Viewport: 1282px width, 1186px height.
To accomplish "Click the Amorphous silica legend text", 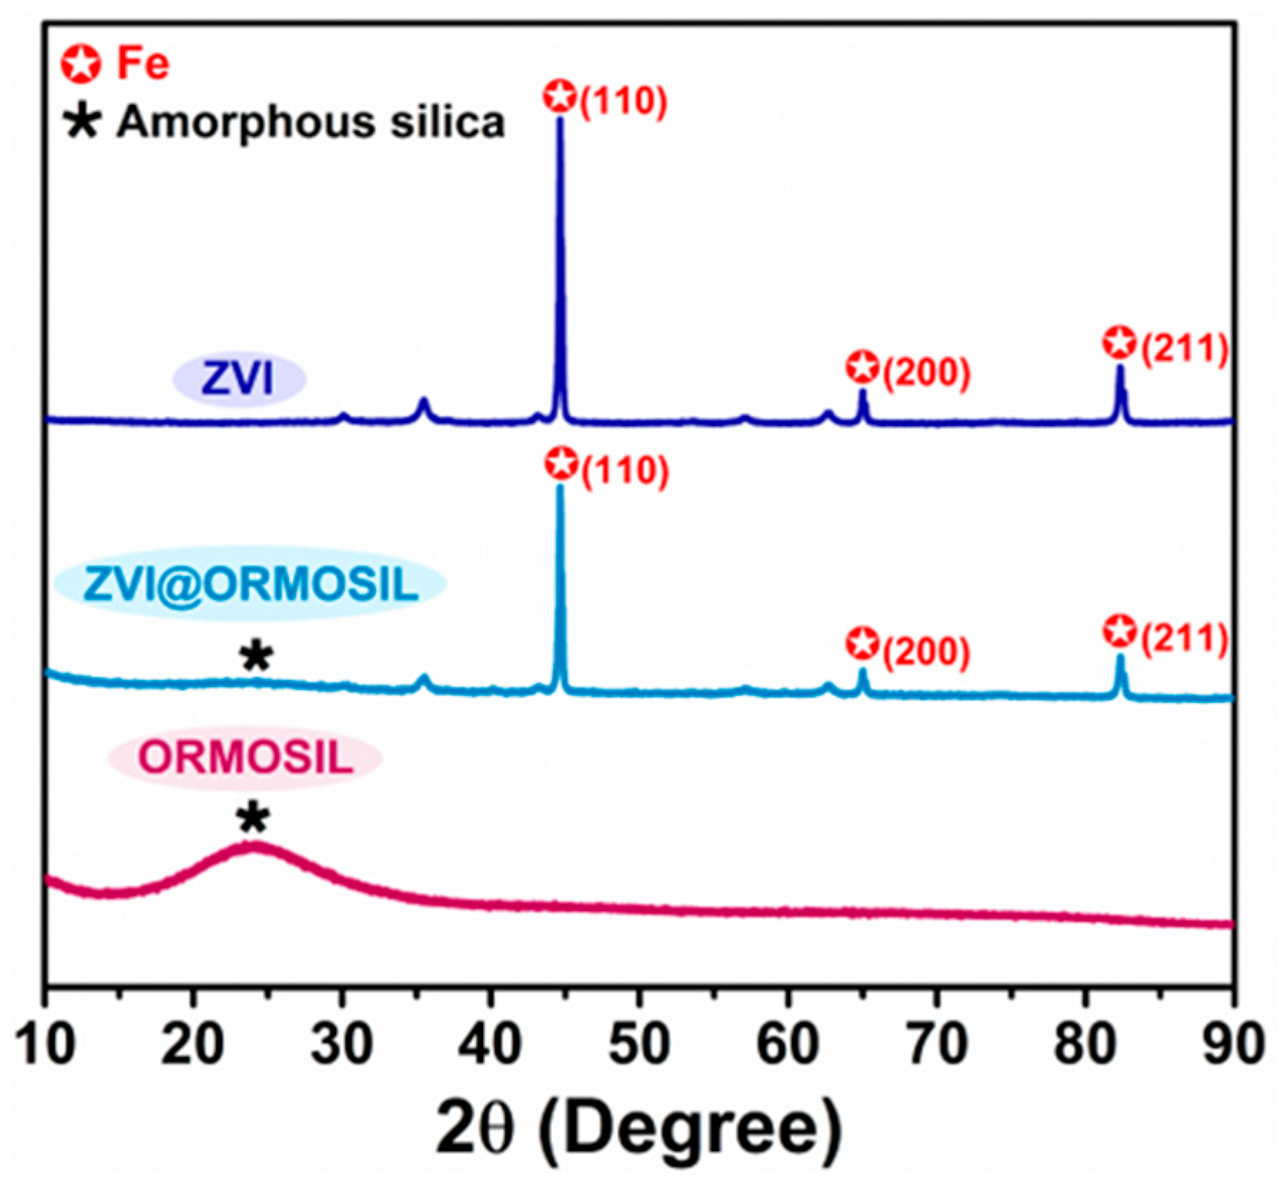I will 311,122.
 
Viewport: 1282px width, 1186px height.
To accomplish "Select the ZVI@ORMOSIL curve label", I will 251,584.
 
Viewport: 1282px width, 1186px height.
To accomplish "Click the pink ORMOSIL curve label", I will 246,757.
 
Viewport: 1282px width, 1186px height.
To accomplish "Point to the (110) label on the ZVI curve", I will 623,101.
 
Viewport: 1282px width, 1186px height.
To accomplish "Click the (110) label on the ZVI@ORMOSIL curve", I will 625,471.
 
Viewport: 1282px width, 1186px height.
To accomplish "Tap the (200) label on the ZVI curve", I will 927,372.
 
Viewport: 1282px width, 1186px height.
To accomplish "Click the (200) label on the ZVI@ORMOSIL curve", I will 927,652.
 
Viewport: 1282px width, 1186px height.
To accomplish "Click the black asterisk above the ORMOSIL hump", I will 253,818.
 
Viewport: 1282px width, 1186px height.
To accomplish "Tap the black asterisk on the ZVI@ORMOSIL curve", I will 256,657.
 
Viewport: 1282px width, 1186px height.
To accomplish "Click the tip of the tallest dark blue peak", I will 560,120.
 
